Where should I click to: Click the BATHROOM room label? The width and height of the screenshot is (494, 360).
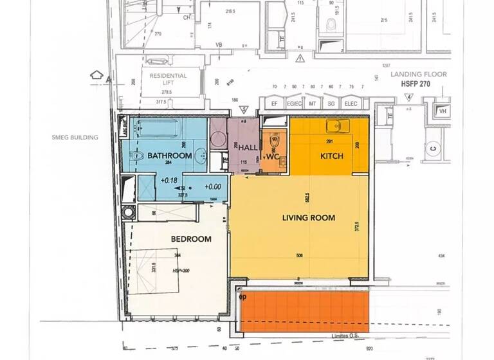pyautogui.click(x=170, y=156)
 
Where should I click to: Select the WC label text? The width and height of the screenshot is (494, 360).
pyautogui.click(x=273, y=156)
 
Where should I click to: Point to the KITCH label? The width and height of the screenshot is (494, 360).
pyautogui.click(x=332, y=156)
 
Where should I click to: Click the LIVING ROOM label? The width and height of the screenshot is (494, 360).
pyautogui.click(x=309, y=218)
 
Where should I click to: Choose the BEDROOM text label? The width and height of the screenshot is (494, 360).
pyautogui.click(x=191, y=239)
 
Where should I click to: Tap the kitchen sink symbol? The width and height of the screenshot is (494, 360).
pyautogui.click(x=335, y=126)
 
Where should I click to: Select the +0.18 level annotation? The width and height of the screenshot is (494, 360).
pyautogui.click(x=169, y=181)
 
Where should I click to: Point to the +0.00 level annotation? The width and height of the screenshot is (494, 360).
pyautogui.click(x=213, y=186)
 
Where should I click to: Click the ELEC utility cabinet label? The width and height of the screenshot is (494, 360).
pyautogui.click(x=351, y=103)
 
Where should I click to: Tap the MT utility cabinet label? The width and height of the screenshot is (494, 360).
pyautogui.click(x=313, y=103)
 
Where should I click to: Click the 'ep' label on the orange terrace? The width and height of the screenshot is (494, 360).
pyautogui.click(x=243, y=297)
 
